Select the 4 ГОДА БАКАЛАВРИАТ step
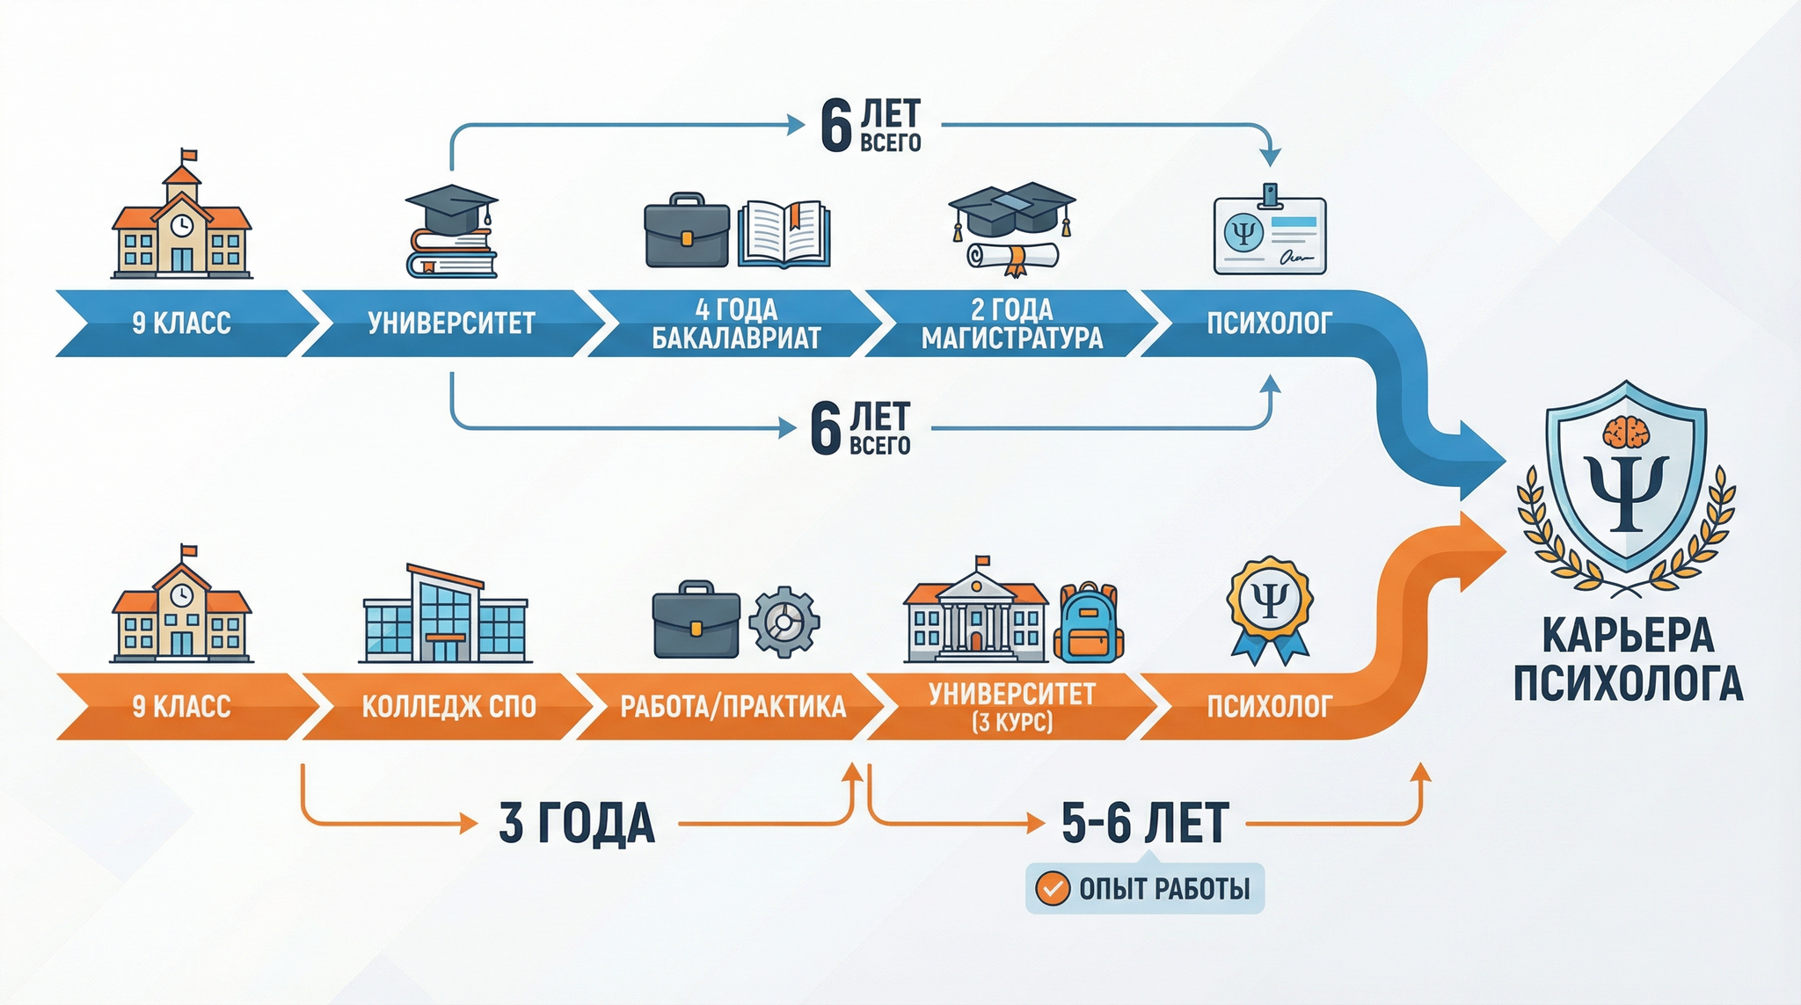(735, 323)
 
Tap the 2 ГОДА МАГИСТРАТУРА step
(1011, 323)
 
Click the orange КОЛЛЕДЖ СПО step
(448, 706)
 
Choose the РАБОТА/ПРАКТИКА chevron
(732, 706)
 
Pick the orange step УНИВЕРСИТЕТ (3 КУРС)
(1011, 706)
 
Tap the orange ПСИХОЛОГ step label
(1269, 706)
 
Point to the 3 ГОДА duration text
(577, 824)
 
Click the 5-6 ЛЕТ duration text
(1145, 824)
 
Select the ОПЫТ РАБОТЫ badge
(1144, 889)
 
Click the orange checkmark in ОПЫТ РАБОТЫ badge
(1052, 889)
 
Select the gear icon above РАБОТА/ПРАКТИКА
(784, 622)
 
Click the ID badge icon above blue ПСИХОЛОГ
(1269, 230)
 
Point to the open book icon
(784, 234)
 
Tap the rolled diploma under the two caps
(1012, 256)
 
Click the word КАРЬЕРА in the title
(1628, 635)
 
